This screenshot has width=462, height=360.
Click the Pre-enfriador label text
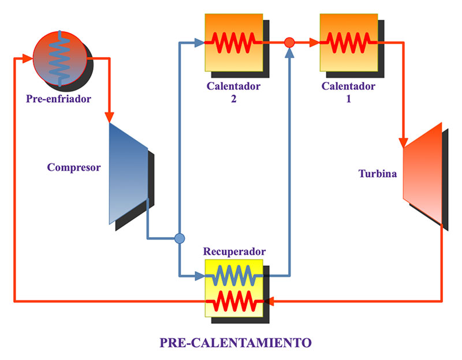[59, 99]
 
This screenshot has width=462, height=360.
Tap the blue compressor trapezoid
[128, 172]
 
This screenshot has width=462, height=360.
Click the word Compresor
[74, 168]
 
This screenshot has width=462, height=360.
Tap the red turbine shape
[422, 172]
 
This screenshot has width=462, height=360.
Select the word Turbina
[377, 173]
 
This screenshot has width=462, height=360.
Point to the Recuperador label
[234, 252]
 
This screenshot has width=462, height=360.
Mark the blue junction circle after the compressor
[180, 238]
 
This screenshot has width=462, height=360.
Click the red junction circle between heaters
[290, 42]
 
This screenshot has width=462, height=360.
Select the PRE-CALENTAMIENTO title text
[236, 342]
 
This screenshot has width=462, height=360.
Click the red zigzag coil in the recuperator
[233, 301]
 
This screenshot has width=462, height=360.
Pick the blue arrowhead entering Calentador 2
[199, 42]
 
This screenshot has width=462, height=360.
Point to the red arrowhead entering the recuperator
[268, 301]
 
